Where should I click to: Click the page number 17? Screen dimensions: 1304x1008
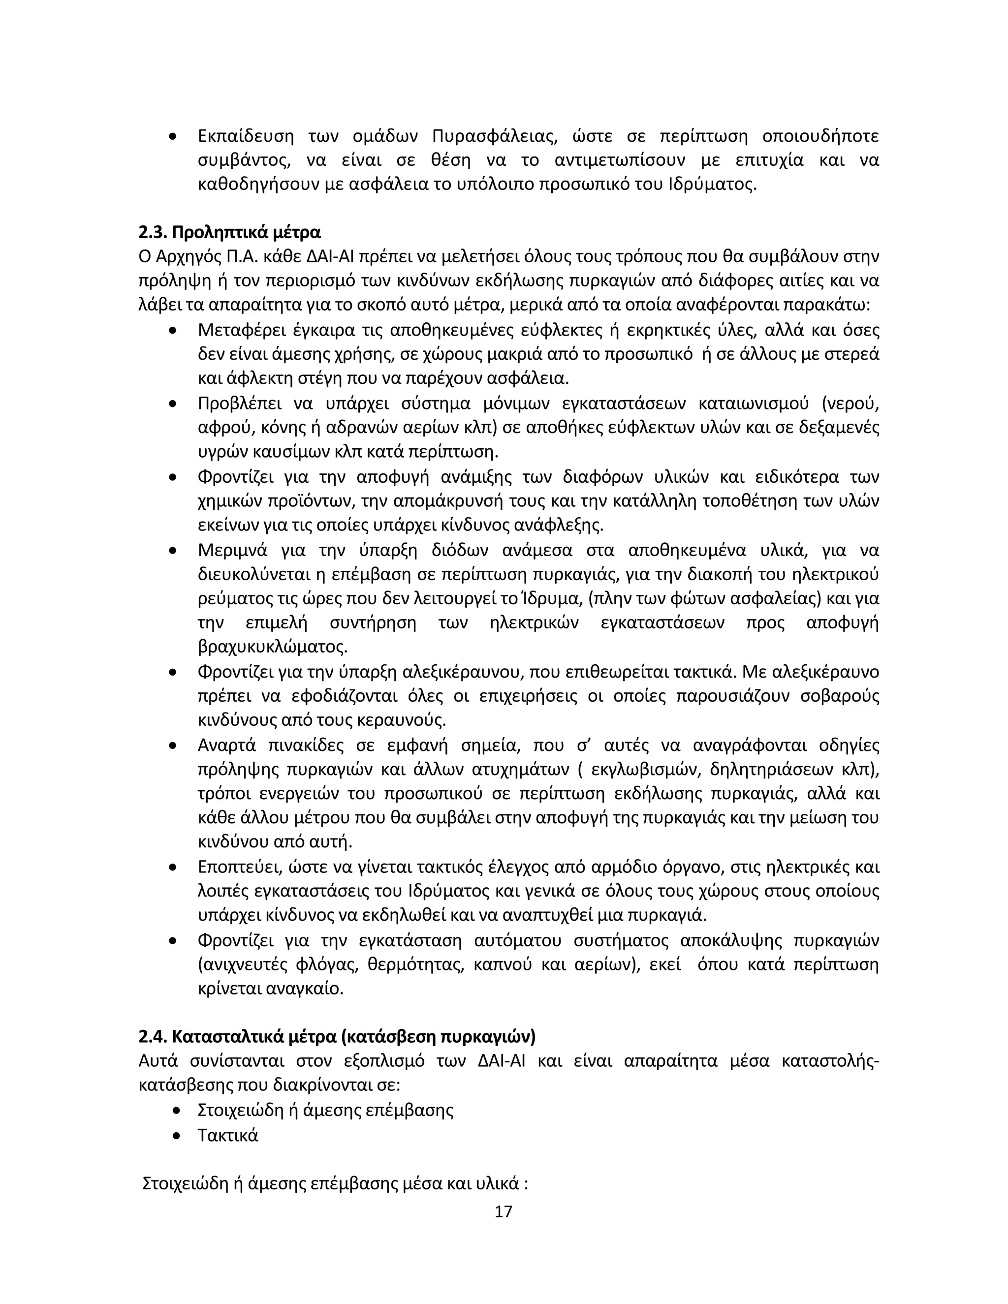click(x=504, y=1211)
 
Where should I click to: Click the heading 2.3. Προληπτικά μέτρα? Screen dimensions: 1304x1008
click(x=230, y=232)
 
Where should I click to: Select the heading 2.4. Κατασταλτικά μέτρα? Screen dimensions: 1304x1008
click(x=337, y=1036)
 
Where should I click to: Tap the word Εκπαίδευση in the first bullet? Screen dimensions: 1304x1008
click(x=246, y=136)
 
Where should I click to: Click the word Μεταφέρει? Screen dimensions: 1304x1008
click(x=246, y=330)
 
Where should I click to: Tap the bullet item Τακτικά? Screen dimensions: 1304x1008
click(x=227, y=1135)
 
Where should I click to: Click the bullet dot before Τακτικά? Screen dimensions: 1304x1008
click(x=176, y=1136)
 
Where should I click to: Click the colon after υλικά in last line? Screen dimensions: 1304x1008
click(x=526, y=1184)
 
